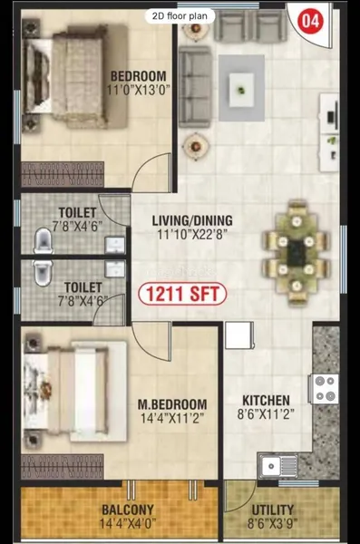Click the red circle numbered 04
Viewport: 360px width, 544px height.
[310, 21]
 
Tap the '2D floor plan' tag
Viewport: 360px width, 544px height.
[180, 16]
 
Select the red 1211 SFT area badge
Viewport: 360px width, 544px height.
[182, 294]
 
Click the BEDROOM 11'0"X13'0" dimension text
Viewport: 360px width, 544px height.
[138, 90]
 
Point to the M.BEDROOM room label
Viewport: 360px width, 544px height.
[172, 404]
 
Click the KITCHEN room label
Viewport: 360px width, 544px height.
[266, 401]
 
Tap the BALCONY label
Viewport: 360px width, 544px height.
[128, 510]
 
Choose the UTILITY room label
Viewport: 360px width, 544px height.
[273, 510]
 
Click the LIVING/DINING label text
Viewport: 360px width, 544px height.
[192, 220]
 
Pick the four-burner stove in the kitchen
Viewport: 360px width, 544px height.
[324, 389]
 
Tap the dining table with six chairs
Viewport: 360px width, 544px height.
[296, 253]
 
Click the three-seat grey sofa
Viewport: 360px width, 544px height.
[195, 87]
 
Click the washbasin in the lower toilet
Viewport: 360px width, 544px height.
[115, 269]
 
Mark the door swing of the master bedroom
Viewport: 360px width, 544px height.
[151, 342]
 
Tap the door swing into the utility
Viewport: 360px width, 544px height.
[240, 496]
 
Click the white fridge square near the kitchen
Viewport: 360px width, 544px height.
[239, 335]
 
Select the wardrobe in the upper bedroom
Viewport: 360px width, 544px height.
[63, 174]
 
